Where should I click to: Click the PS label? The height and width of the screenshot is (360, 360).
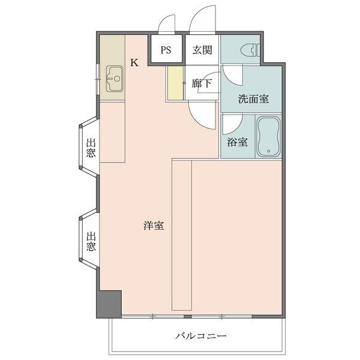coord(166,50)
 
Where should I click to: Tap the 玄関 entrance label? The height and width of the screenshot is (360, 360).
coord(202,50)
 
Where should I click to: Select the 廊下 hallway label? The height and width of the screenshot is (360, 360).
coord(202,84)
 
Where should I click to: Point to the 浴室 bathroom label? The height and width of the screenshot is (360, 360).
coord(238,142)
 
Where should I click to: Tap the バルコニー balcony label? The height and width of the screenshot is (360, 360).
coord(201,336)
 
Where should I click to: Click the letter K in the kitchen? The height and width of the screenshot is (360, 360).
coord(134,62)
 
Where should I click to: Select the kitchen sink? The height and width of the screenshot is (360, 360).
coord(114,77)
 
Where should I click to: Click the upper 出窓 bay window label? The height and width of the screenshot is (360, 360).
coord(90,148)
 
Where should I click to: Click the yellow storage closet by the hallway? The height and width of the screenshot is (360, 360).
coord(175,84)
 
